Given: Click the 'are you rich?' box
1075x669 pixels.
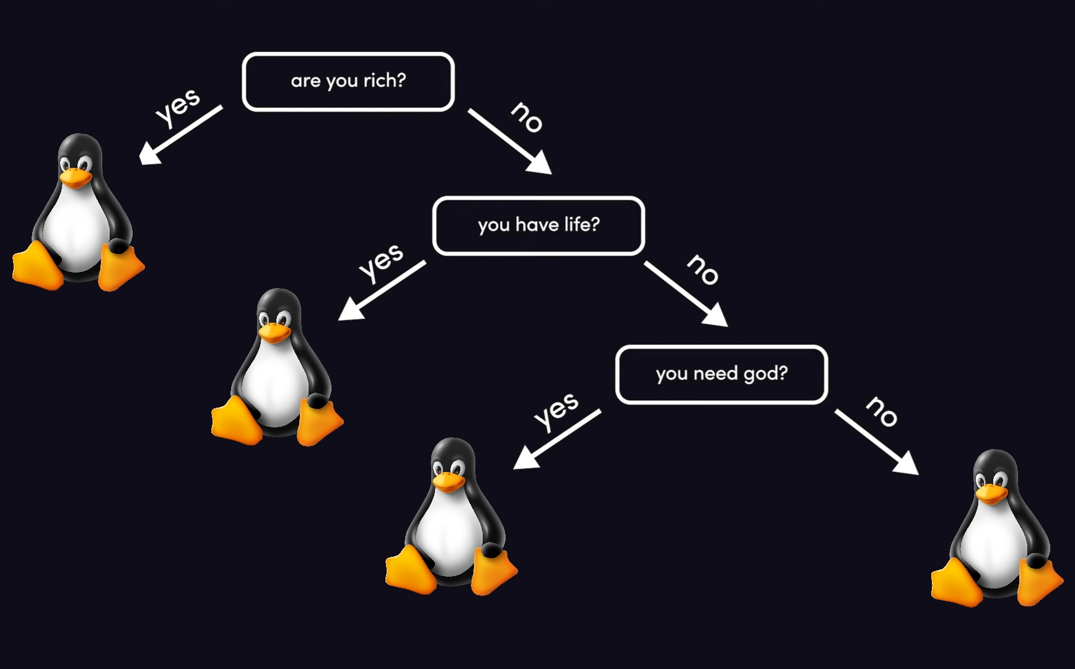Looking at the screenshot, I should [x=348, y=82].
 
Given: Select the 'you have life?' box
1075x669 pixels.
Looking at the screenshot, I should [x=538, y=225].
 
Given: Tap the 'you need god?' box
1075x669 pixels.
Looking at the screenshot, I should [x=721, y=374].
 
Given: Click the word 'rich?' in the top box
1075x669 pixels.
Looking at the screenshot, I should [x=384, y=81].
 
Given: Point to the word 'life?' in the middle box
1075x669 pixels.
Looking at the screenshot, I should [x=582, y=224].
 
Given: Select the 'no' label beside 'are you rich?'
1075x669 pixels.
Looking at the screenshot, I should [x=527, y=117].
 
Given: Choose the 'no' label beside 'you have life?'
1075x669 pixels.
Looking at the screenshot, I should [x=703, y=269].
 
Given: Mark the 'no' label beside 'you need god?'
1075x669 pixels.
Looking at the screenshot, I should [x=882, y=411].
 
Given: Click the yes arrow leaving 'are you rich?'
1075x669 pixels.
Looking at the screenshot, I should [x=180, y=135].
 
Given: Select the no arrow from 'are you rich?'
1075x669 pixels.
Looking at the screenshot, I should [x=509, y=142].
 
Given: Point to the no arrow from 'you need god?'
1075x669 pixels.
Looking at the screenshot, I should [x=876, y=442].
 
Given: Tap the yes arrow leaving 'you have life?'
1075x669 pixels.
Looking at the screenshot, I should [x=381, y=291].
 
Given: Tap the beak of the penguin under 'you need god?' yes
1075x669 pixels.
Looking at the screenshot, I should [x=448, y=481].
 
